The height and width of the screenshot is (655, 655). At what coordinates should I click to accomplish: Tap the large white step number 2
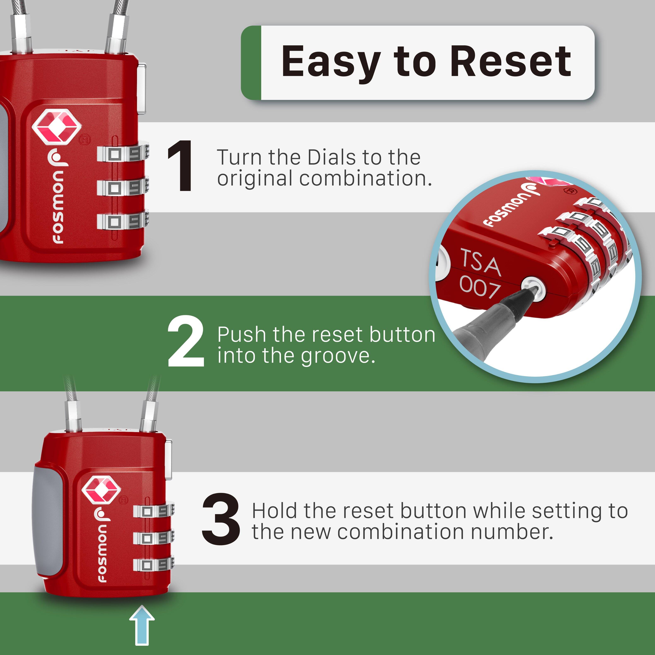click(x=186, y=341)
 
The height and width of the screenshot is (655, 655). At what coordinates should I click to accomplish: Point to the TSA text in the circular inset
click(x=480, y=263)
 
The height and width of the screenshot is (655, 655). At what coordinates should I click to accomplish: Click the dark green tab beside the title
click(x=251, y=63)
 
